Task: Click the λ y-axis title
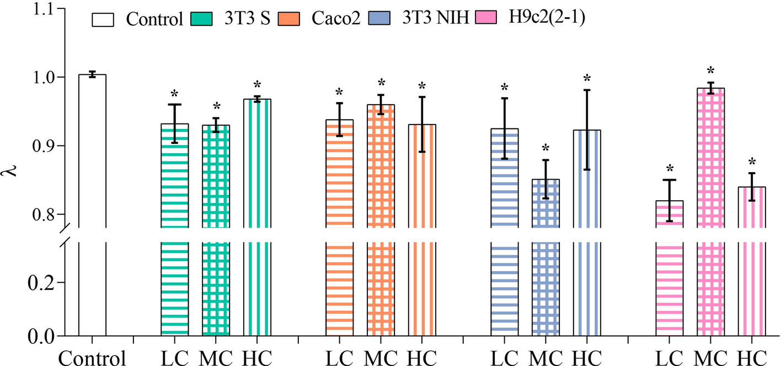click(12, 166)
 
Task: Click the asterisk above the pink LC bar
click(670, 169)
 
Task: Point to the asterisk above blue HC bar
click(587, 79)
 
